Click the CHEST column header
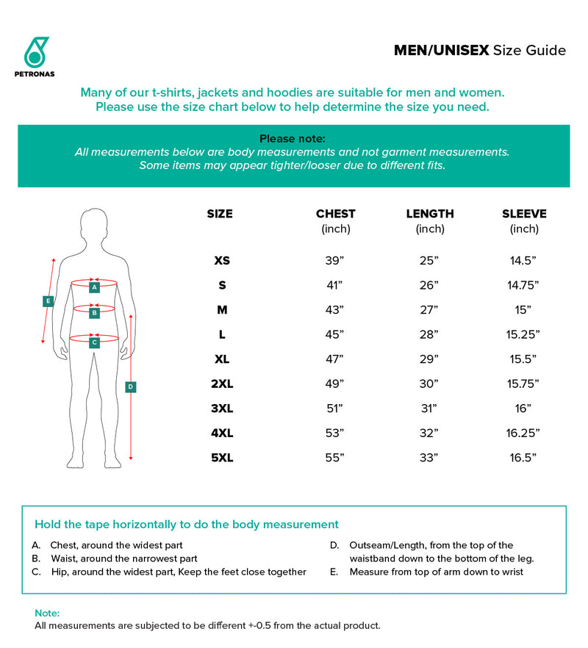point(335,214)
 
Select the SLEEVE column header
point(524,214)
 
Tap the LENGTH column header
point(430,214)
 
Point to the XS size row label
point(221,260)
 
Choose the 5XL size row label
point(221,458)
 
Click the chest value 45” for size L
point(334,334)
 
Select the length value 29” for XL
point(429,359)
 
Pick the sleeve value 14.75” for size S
point(523,285)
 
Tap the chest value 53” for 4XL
point(334,433)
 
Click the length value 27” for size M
point(429,310)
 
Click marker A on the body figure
point(94,288)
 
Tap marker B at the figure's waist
point(94,313)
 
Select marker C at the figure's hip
point(94,342)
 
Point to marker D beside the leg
point(130,386)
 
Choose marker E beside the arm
point(47,300)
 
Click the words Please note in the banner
point(293,138)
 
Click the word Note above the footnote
point(47,613)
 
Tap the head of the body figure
point(95,223)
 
